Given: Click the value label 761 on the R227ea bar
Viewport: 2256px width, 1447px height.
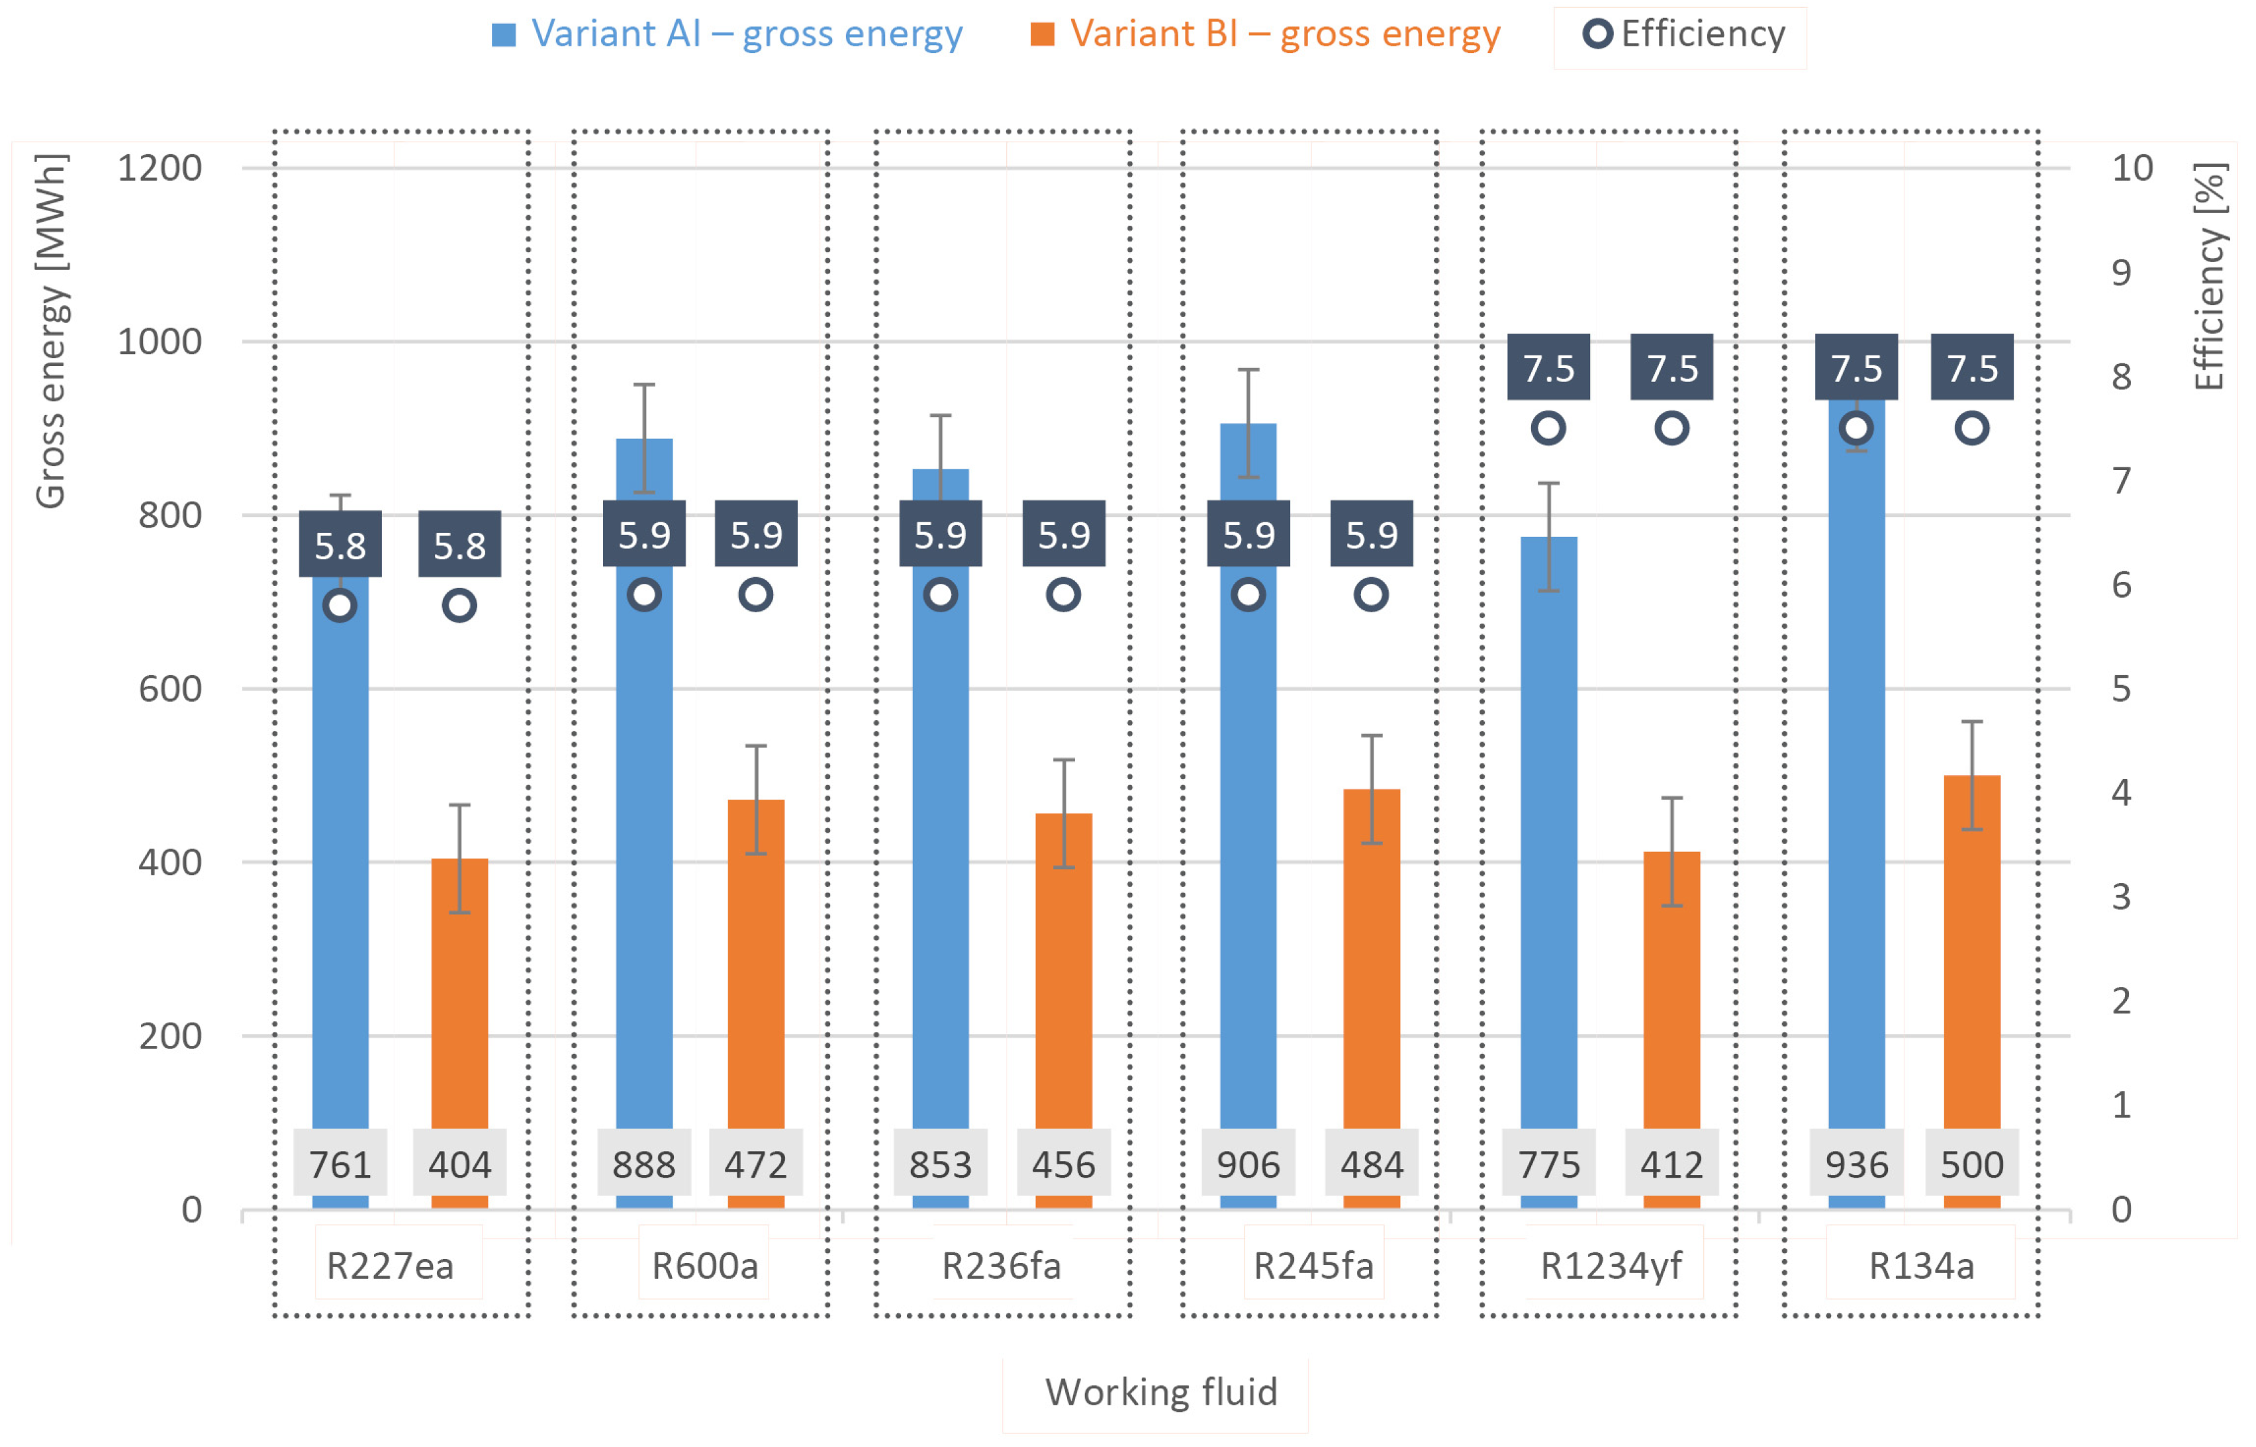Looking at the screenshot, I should coord(340,1165).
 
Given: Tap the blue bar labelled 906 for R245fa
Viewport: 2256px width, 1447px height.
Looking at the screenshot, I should coord(1248,846).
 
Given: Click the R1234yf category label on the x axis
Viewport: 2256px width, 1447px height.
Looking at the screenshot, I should coord(1611,1266).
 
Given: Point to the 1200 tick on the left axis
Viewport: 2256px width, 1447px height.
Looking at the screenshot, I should coord(160,168).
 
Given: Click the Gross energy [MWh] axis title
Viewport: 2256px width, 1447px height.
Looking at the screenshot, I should coord(51,331).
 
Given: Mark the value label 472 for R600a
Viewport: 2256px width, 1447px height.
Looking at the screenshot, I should coord(755,1165).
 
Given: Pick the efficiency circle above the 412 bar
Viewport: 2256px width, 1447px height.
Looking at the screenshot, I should coord(1671,428).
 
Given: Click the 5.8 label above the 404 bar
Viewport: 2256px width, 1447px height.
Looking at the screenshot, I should coord(459,545).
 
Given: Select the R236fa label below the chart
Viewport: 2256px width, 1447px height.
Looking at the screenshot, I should coord(1002,1266).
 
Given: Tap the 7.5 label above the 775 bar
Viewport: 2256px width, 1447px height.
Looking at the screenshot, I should coord(1548,367).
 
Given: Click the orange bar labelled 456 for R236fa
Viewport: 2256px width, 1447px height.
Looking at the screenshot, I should coord(1064,968).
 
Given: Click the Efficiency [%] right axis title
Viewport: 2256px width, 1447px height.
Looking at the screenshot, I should coord(2209,277).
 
